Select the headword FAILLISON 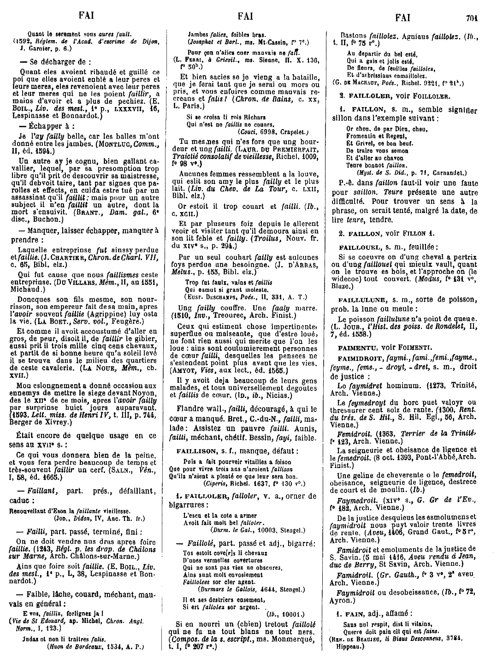point(192,450)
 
